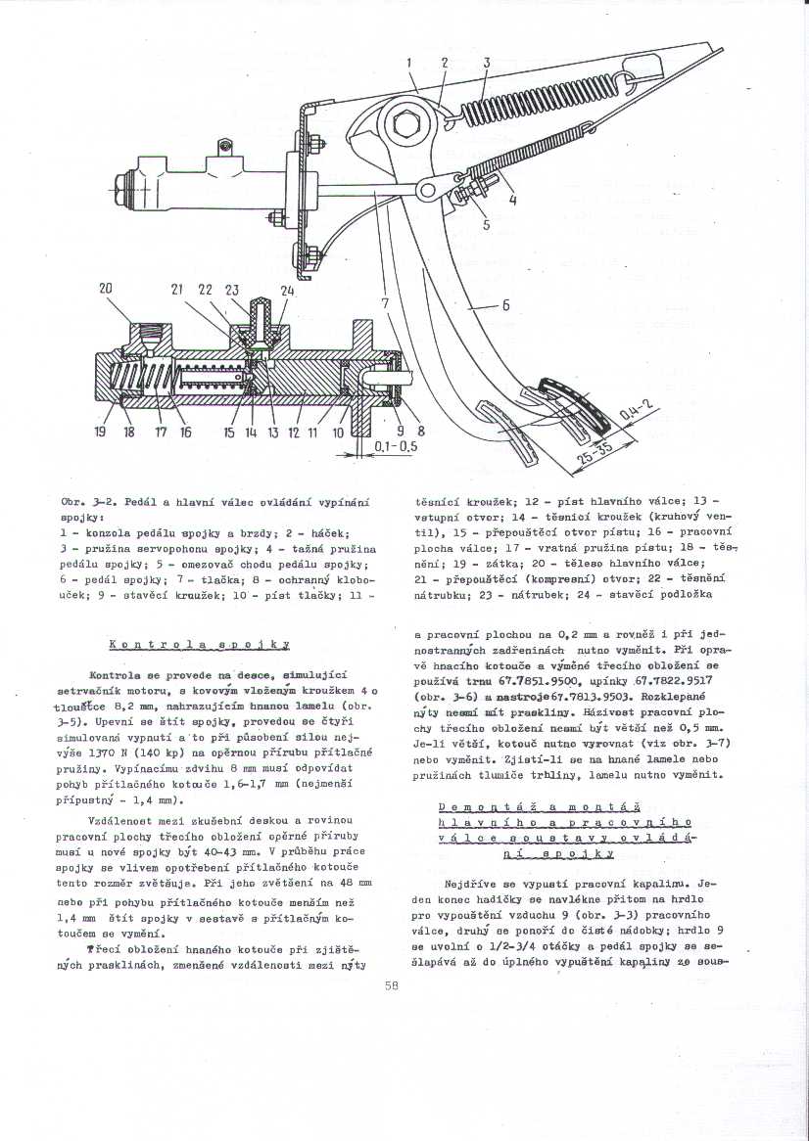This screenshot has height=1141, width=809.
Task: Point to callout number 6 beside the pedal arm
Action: pyautogui.click(x=505, y=304)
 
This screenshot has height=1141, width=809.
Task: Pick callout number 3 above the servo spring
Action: pyautogui.click(x=486, y=63)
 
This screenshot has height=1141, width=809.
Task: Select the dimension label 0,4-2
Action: pyautogui.click(x=635, y=407)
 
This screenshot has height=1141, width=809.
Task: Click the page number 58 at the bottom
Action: pyautogui.click(x=392, y=985)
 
